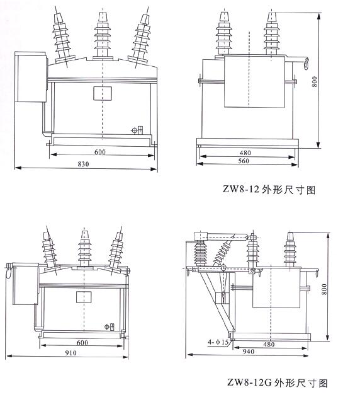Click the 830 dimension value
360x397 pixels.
[83, 164]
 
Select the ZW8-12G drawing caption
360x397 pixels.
[278, 383]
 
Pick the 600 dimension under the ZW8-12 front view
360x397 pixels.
[101, 152]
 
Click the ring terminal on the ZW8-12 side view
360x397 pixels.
[307, 61]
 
